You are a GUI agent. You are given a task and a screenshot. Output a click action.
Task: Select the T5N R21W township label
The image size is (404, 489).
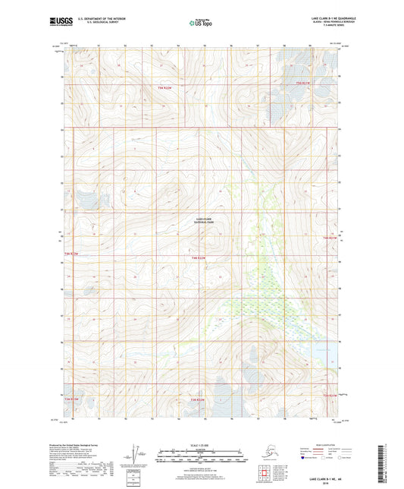pos(304,83)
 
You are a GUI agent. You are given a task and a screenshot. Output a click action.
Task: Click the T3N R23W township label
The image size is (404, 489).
pos(70,399)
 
